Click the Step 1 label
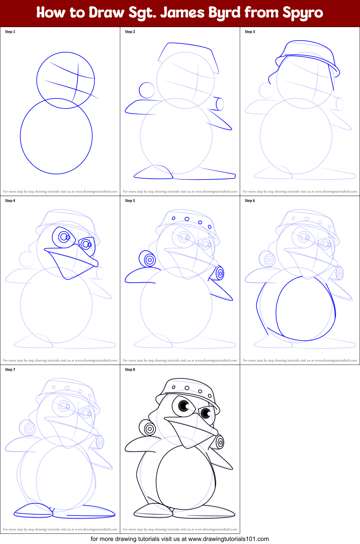coord(10,32)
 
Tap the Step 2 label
coord(130,32)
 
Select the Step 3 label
coord(250,32)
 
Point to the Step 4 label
coord(10,201)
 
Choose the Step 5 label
coord(130,201)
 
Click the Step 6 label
coord(250,201)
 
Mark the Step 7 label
coord(10,370)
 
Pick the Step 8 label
coord(130,370)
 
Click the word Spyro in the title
coord(303,13)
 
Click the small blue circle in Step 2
coord(147,90)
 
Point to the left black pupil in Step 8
coord(184,406)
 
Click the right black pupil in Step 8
coord(206,413)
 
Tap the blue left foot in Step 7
coord(33,510)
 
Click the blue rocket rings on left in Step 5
coord(149,260)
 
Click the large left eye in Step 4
coord(64,236)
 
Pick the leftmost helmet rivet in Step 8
coord(174,387)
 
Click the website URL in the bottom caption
coord(229,539)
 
